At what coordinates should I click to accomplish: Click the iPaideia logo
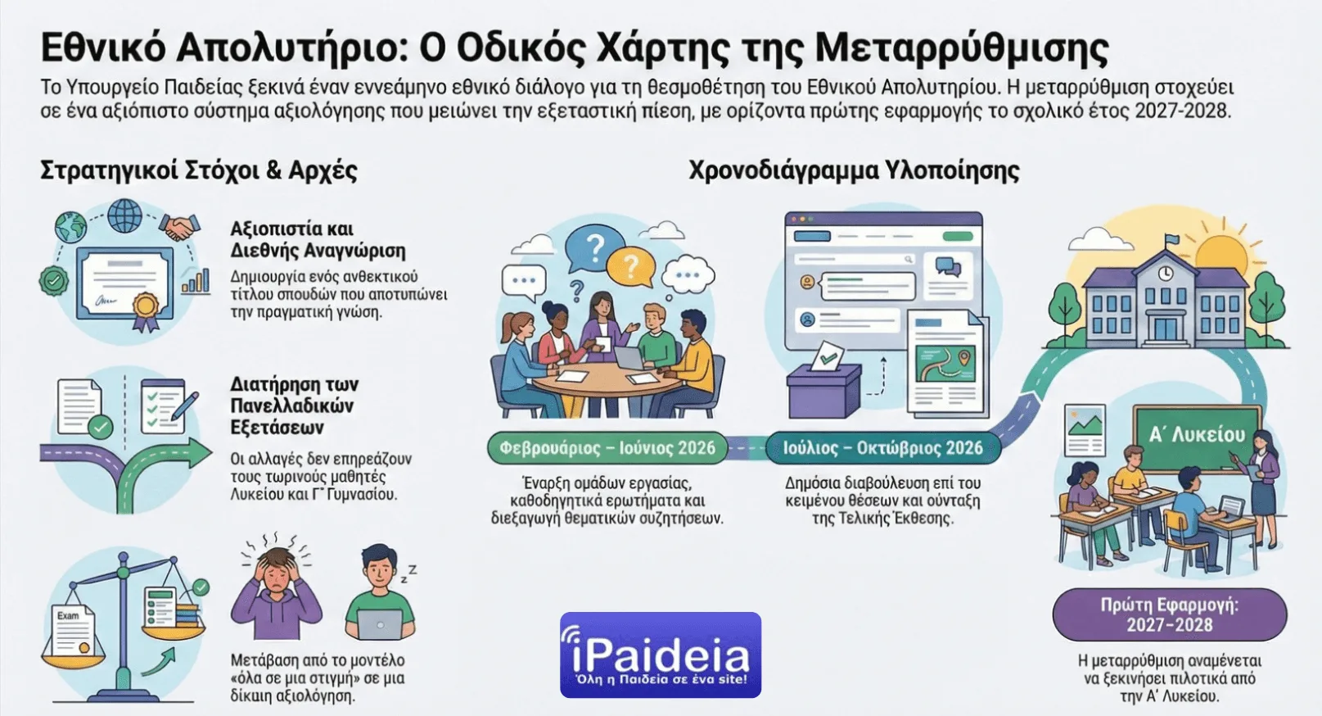point(660,655)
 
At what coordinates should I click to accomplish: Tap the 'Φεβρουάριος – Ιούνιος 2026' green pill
point(607,448)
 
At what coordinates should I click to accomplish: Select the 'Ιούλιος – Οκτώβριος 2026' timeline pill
point(882,448)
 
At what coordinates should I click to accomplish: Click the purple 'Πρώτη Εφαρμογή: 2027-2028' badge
point(1169,614)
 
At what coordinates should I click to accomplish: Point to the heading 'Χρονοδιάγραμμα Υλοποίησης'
point(854,170)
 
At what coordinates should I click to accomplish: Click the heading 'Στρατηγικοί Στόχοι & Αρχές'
point(199,170)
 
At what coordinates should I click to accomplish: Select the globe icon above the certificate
point(124,215)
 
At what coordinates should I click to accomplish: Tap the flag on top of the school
point(1172,240)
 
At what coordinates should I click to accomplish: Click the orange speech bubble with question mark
point(630,265)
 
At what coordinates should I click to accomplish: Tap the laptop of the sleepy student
point(381,624)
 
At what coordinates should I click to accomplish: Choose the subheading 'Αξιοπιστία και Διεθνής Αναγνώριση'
point(318,239)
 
